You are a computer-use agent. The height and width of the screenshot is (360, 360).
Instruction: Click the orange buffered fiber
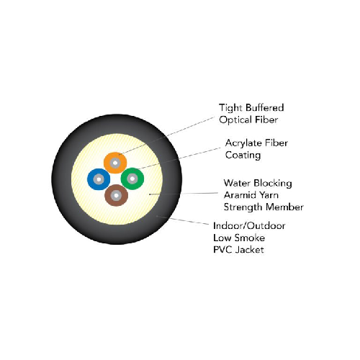(115, 163)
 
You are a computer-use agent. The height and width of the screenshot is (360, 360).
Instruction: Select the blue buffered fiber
(99, 179)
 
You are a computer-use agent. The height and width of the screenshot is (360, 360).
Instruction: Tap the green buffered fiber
(132, 179)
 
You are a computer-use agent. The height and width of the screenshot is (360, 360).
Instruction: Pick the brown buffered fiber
(116, 195)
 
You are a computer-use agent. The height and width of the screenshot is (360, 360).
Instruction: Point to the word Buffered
(265, 107)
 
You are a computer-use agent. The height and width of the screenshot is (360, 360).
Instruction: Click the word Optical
(235, 120)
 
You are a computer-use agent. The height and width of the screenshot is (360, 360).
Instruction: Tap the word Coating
(243, 156)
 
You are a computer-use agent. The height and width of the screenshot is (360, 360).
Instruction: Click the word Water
(237, 183)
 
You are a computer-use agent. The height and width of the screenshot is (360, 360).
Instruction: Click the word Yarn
(269, 195)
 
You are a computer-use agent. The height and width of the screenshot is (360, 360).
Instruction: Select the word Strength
(243, 207)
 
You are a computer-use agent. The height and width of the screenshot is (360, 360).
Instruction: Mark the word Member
(284, 207)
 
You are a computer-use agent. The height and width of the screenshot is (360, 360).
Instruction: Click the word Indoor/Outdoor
(249, 226)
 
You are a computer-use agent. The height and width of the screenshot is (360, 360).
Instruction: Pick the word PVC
(222, 250)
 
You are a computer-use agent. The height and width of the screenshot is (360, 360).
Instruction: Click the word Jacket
(249, 250)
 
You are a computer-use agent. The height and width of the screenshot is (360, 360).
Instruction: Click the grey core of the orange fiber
(115, 163)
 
